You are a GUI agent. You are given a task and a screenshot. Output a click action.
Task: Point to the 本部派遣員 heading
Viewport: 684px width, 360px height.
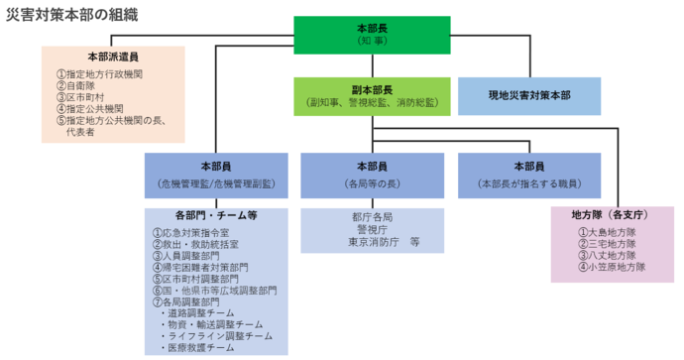(x=113, y=57)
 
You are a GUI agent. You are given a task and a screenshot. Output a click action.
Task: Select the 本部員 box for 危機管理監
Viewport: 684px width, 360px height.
(x=215, y=174)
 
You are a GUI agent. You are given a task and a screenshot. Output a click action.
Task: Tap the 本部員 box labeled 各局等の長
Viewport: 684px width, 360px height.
(x=373, y=174)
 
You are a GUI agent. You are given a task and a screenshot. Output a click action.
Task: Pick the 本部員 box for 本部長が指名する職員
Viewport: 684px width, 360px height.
(x=529, y=174)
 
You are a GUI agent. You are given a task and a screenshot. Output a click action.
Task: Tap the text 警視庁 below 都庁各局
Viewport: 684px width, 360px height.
(x=372, y=228)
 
